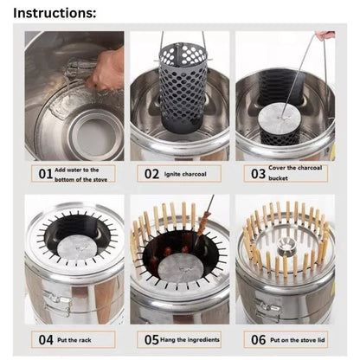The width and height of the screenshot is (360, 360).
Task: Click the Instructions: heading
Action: (55, 13)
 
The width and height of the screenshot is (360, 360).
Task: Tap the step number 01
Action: (46, 174)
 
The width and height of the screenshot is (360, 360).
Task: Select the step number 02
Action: (151, 174)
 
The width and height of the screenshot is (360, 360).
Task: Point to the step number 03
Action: (258, 174)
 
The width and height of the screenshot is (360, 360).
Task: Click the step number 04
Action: (46, 340)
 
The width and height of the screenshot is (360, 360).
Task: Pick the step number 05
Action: (151, 340)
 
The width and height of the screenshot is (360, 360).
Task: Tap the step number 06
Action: (258, 340)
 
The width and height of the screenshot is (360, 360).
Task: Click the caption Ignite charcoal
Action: (185, 174)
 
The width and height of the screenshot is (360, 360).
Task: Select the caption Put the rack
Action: (74, 340)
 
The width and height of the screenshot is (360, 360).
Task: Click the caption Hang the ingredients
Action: (190, 340)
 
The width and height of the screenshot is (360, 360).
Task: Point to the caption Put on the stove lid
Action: (298, 340)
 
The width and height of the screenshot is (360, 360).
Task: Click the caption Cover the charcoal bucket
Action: (295, 173)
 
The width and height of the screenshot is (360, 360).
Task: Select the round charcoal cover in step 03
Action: (278, 118)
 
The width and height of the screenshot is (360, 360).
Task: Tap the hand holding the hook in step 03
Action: (325, 35)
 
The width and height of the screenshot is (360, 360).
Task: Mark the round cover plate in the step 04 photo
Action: (75, 249)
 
